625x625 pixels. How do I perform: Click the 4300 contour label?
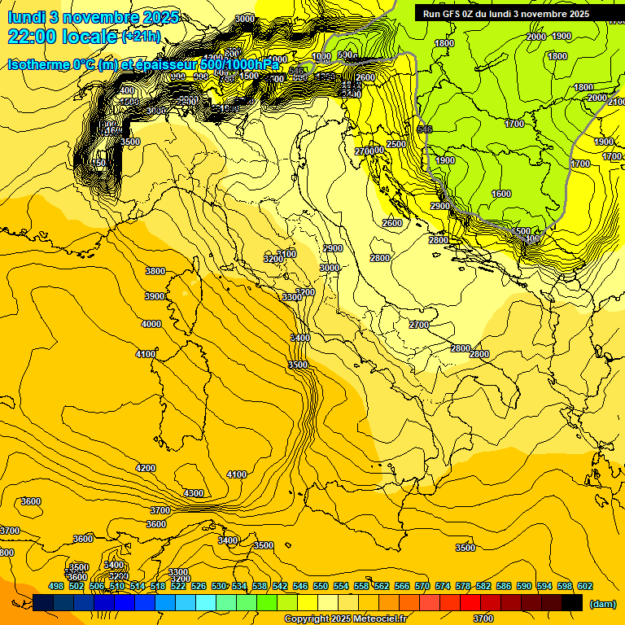tap(194, 493)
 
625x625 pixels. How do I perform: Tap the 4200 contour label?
tap(146, 468)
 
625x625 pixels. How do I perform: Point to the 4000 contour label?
tap(151, 324)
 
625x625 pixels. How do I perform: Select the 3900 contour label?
tap(155, 297)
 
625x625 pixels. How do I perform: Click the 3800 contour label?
tap(155, 271)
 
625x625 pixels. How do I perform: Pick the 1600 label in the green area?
tap(501, 194)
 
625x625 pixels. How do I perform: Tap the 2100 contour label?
tap(616, 101)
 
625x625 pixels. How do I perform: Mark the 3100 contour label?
tap(287, 254)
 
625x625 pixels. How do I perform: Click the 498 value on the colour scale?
tap(56, 586)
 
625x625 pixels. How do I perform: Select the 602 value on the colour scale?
tap(584, 586)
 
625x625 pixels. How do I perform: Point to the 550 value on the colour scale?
tap(321, 586)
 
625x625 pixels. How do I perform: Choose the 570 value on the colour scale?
tap(422, 586)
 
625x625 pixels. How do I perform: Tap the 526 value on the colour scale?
tap(199, 586)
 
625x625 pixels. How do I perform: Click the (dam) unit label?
tap(601, 603)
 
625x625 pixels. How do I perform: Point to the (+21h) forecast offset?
tap(141, 37)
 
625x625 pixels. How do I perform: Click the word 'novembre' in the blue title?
tap(97, 16)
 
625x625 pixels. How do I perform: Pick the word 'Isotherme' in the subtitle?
tap(38, 64)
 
